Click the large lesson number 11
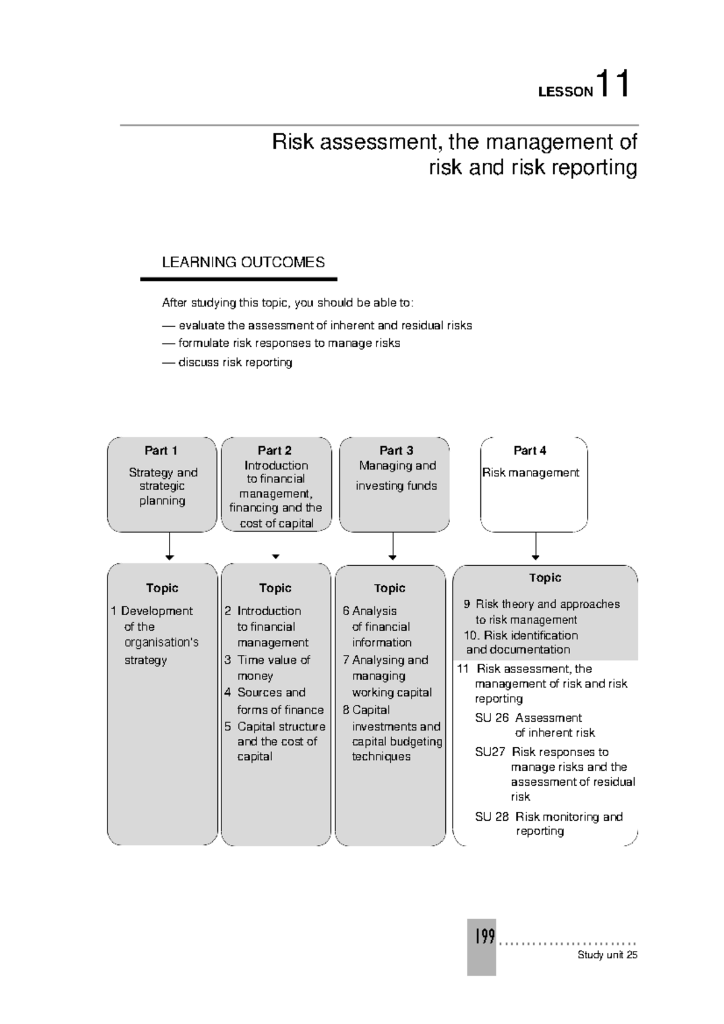tap(612, 84)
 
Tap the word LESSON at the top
tap(565, 92)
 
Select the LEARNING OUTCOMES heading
tap(243, 262)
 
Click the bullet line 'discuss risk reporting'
tap(235, 362)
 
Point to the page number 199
tap(484, 936)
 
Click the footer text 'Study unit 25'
tap(607, 955)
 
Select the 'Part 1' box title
tap(161, 450)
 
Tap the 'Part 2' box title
tap(275, 450)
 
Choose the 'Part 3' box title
tap(396, 450)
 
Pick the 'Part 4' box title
tap(530, 450)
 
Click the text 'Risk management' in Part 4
tap(530, 473)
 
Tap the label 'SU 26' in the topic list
tap(492, 718)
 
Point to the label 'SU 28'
tap(492, 817)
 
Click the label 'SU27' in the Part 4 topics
tap(490, 752)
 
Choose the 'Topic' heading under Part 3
tap(389, 588)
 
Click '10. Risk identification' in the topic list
tap(521, 635)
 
